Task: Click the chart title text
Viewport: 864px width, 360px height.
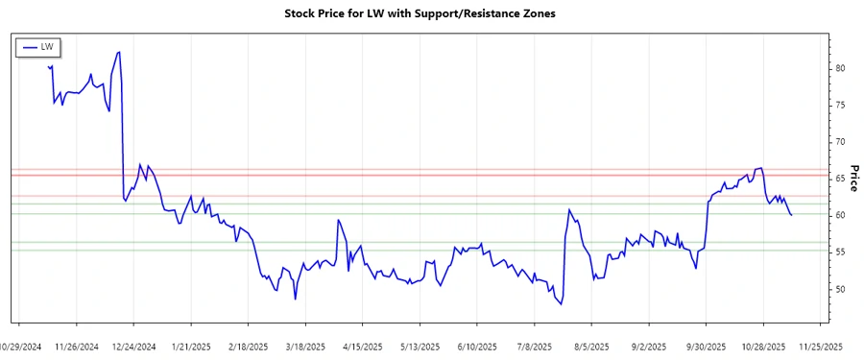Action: tap(420, 13)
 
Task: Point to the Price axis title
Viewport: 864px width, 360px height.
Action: tap(853, 178)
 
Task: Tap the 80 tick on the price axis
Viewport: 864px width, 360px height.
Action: tap(840, 68)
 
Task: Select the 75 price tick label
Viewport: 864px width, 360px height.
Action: tap(840, 105)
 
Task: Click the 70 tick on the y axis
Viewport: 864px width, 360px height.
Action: tap(840, 142)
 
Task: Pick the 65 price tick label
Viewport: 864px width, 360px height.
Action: tap(840, 179)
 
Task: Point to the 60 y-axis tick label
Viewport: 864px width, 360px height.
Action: tap(840, 215)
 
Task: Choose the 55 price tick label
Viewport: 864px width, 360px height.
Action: tap(840, 252)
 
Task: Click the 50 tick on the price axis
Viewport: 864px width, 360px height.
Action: tap(840, 289)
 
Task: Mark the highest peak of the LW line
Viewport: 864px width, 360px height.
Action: tap(118, 52)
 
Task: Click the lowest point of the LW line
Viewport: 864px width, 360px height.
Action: tap(562, 304)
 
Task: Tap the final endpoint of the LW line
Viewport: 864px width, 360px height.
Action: tap(791, 215)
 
